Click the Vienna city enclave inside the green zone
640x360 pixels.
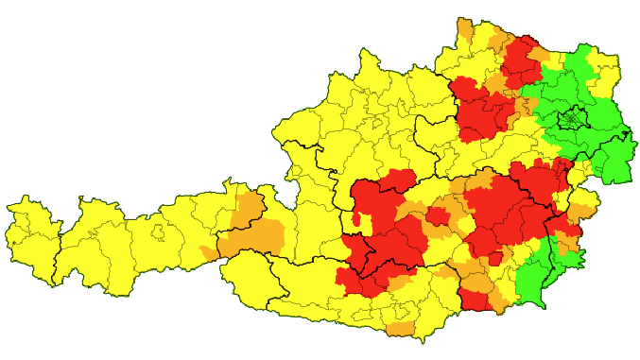tap(570, 121)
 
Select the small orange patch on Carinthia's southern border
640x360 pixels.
tap(401, 330)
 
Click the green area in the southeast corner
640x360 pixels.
tap(534, 279)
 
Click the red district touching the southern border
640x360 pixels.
tap(476, 300)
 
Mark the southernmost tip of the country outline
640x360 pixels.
tap(397, 338)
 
